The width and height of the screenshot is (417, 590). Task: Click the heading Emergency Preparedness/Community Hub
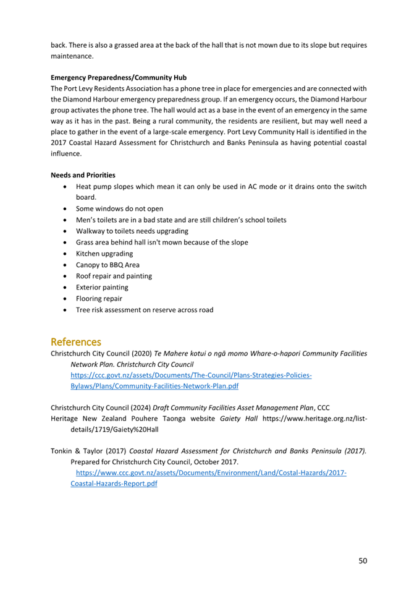[x=118, y=79]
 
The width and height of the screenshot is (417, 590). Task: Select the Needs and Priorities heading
[x=83, y=175]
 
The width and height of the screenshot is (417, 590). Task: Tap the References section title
[x=76, y=341]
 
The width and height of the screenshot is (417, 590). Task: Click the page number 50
[x=363, y=560]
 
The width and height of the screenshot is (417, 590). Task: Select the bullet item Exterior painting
[x=102, y=288]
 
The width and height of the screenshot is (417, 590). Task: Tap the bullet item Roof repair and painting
[x=114, y=276]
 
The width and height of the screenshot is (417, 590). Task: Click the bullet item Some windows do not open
[x=119, y=208]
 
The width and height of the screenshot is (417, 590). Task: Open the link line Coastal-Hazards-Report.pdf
[x=114, y=484]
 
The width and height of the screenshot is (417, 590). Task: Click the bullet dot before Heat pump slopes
[x=65, y=187]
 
